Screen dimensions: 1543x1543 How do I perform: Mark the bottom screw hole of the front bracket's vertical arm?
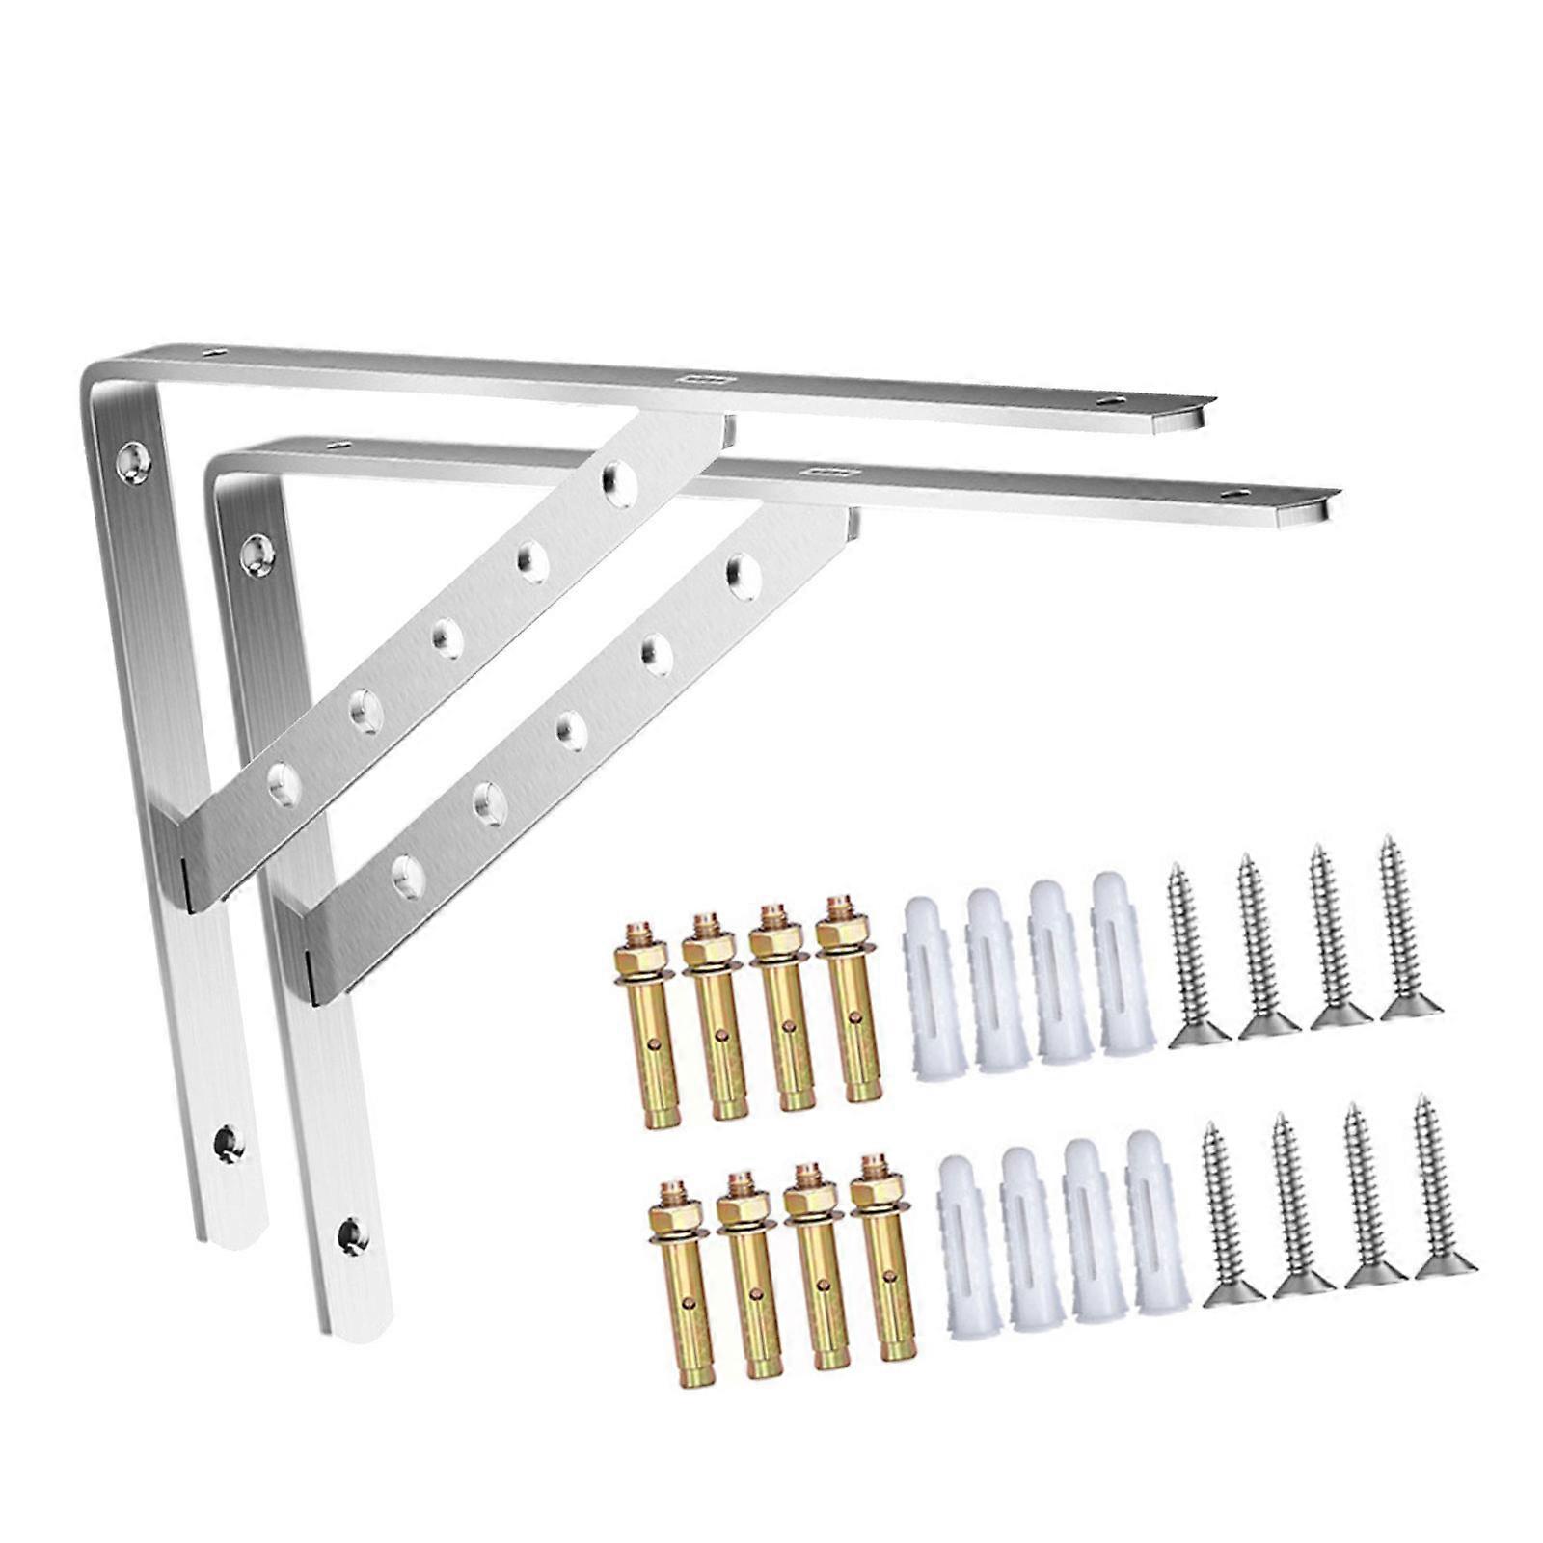click(x=352, y=1232)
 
